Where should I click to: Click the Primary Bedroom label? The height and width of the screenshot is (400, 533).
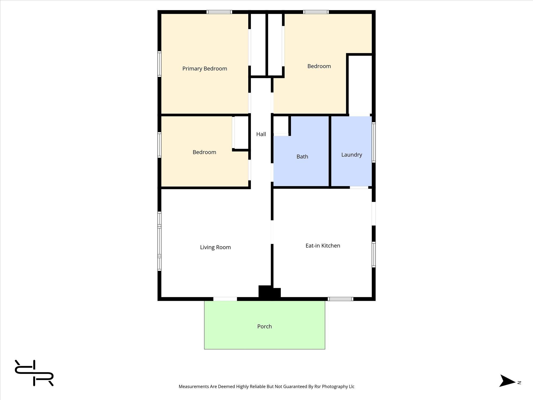tap(205, 69)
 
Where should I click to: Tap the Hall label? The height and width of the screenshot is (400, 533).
tap(261, 134)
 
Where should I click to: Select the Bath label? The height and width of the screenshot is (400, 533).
tap(302, 157)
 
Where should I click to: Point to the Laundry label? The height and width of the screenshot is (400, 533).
tap(352, 155)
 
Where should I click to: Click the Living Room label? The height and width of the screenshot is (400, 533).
tap(215, 247)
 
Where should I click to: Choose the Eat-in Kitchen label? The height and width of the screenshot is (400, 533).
tap(323, 246)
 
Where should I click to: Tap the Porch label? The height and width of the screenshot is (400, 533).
tap(264, 327)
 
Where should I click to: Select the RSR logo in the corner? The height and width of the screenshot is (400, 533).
tap(34, 373)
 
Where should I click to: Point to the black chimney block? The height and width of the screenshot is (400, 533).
tap(269, 292)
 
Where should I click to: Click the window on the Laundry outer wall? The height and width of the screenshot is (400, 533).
tap(373, 142)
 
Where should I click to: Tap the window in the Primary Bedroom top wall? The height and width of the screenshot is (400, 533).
tap(219, 12)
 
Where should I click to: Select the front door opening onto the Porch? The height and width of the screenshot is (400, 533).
tap(225, 299)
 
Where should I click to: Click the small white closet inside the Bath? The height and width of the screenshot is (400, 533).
tap(281, 125)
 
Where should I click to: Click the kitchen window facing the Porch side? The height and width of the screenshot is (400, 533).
tap(340, 299)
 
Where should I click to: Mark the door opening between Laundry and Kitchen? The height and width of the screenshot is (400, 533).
tap(359, 187)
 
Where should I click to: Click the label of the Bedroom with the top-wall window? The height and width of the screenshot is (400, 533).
tap(319, 66)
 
